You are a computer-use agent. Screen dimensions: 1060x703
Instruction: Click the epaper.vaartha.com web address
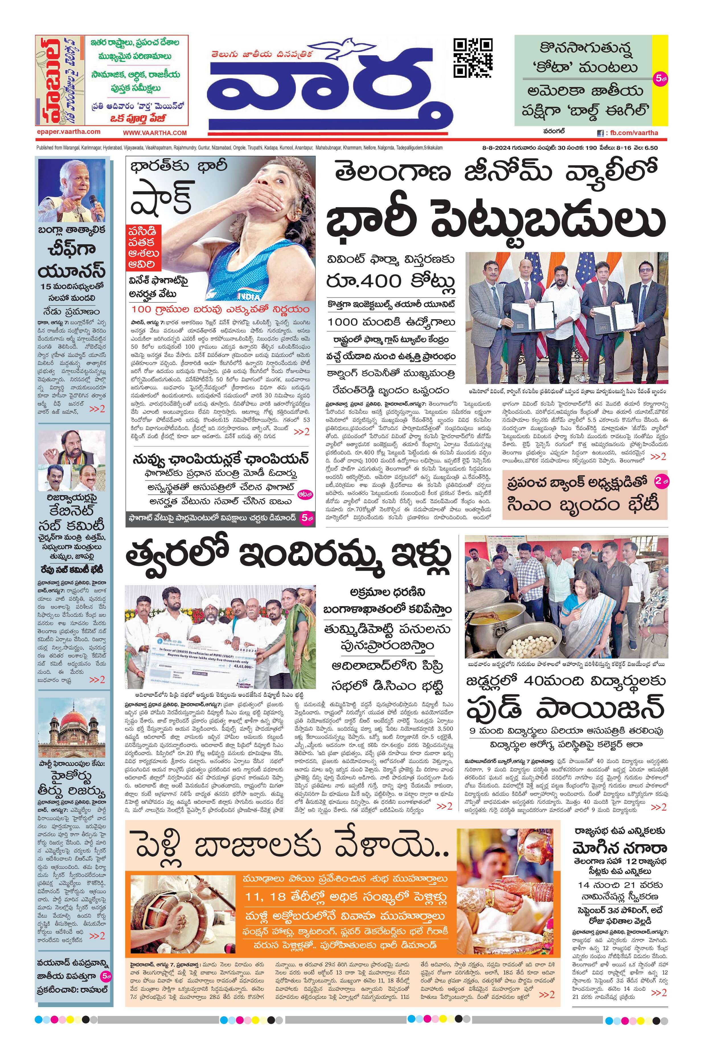68,132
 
